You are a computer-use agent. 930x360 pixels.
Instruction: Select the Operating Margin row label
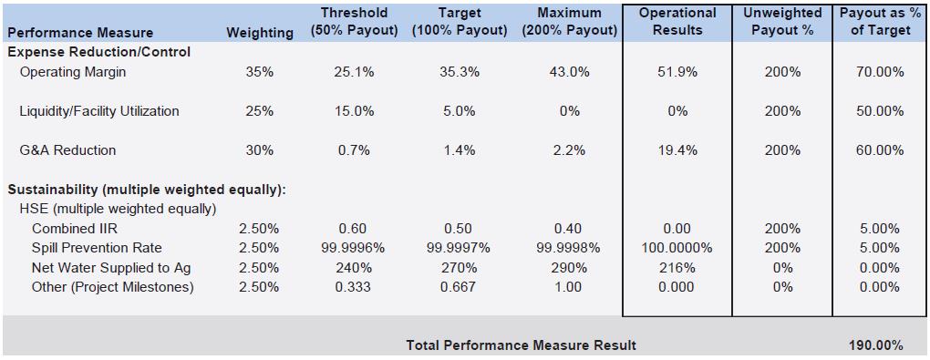tap(73, 72)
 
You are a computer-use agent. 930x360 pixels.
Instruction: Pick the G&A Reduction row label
tap(67, 150)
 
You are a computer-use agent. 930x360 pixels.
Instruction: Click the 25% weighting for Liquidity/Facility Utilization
tap(259, 111)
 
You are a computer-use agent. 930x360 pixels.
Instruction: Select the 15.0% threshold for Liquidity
tap(354, 111)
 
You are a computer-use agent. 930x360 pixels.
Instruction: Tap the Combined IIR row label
tap(70, 229)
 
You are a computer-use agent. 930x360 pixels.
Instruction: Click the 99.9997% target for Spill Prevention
tap(459, 248)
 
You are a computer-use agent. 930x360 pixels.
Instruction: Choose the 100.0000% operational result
tap(677, 248)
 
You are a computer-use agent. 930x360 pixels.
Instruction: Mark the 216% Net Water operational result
tap(677, 267)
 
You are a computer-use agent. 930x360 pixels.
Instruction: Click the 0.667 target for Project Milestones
tap(459, 287)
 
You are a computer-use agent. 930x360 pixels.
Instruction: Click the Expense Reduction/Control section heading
tap(99, 52)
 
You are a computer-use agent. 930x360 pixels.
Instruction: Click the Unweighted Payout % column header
tap(782, 21)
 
